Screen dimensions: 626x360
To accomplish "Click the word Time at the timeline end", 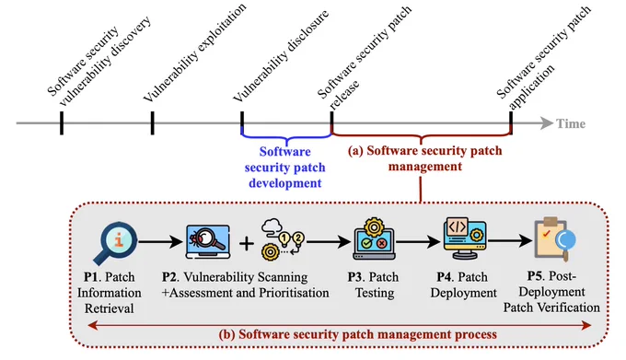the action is pyautogui.click(x=571, y=123).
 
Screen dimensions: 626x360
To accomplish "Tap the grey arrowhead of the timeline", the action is pyautogui.click(x=547, y=123).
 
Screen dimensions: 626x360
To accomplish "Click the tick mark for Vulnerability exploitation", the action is pyautogui.click(x=153, y=123).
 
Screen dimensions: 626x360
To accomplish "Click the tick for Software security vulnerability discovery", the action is pyautogui.click(x=62, y=123).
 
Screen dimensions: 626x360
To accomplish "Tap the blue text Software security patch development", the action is pyautogui.click(x=285, y=168).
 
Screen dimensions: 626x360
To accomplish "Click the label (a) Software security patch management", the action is pyautogui.click(x=424, y=158).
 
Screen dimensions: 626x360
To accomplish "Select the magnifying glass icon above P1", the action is pyautogui.click(x=115, y=243).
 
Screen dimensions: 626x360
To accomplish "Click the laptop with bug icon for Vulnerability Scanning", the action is pyautogui.click(x=208, y=242).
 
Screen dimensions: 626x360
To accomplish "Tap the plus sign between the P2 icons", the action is pyautogui.click(x=247, y=243).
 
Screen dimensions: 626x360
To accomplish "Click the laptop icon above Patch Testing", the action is pyautogui.click(x=374, y=239).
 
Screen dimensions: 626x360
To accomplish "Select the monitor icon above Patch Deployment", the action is pyautogui.click(x=465, y=238).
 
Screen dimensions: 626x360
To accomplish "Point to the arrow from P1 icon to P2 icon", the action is pyautogui.click(x=159, y=241).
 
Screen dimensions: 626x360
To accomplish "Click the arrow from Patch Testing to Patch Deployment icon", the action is pyautogui.click(x=418, y=241).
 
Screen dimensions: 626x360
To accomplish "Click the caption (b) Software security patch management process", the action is pyautogui.click(x=358, y=334).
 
